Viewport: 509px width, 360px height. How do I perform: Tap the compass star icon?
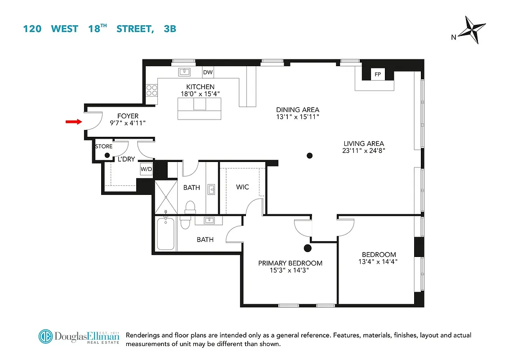click(x=474, y=30)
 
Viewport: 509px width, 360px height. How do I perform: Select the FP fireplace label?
click(x=377, y=75)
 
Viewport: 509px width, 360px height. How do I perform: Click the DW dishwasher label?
click(x=208, y=72)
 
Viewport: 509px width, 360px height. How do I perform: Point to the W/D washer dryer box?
click(x=146, y=169)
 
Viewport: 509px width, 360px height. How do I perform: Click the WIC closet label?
click(x=242, y=187)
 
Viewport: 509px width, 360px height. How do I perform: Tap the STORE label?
click(x=104, y=147)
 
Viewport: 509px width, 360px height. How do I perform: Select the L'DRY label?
click(x=127, y=159)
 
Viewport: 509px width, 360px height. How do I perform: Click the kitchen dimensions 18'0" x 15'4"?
click(x=200, y=94)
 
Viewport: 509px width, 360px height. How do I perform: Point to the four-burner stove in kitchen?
click(x=151, y=90)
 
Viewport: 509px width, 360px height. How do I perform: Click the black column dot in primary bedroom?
click(x=308, y=248)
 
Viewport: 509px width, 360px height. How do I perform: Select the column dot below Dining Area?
click(x=309, y=156)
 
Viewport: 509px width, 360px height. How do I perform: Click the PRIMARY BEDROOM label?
click(x=290, y=263)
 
